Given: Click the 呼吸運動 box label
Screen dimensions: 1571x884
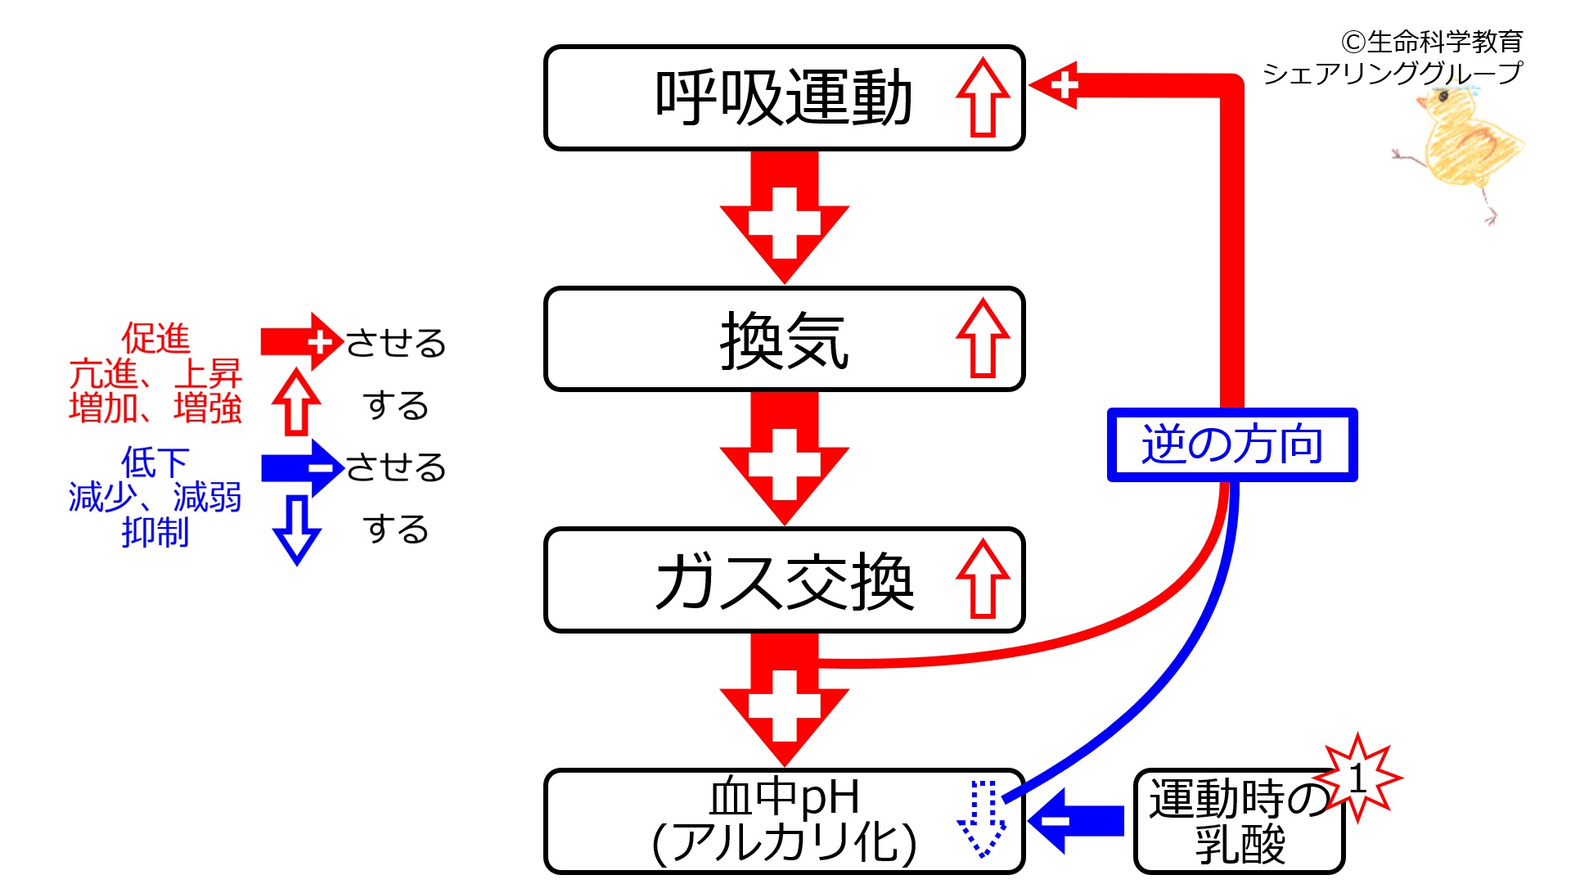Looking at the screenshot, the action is (x=783, y=98).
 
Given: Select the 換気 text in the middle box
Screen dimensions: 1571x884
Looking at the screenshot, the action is (x=784, y=340).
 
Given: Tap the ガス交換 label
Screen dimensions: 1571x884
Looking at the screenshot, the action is (x=784, y=581).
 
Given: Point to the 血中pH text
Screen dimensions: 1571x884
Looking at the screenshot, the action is (x=784, y=796).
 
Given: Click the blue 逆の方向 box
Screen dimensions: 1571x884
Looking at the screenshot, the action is (x=1232, y=444).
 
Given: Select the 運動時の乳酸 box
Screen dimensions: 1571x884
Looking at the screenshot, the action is (x=1239, y=822).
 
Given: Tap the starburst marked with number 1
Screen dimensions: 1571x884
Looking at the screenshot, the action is (x=1358, y=778).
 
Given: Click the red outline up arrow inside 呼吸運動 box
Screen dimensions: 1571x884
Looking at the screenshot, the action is (x=983, y=97).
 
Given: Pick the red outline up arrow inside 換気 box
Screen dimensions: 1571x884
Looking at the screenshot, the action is (x=983, y=338).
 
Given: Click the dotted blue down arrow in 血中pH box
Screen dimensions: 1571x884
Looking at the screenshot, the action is (x=982, y=819).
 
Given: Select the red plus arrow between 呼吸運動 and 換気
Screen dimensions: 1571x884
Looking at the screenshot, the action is (x=784, y=217).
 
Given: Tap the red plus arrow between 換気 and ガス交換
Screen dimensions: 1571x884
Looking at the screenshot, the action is (x=784, y=458).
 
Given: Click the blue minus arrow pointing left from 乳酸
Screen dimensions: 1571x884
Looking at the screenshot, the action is (x=1076, y=821).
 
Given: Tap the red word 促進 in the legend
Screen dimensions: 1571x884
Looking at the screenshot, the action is (x=155, y=338).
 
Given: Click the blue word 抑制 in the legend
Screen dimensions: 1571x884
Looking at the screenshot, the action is (x=155, y=532).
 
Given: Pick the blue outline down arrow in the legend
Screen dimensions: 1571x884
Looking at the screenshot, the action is (x=296, y=530).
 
